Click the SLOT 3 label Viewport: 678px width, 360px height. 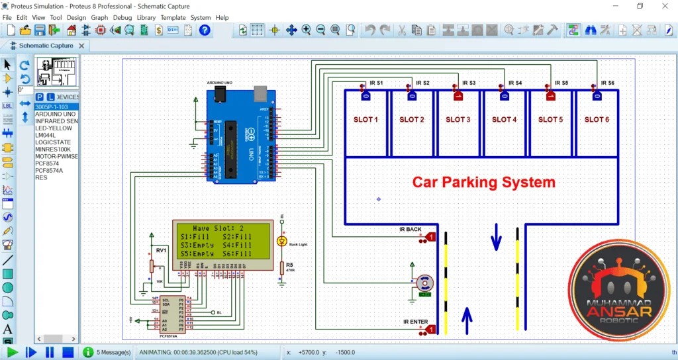(x=458, y=120)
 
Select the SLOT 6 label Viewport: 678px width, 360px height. (x=597, y=120)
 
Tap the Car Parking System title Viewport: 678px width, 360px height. (x=484, y=181)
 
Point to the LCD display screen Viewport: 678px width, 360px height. (x=222, y=240)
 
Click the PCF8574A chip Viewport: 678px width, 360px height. (x=172, y=314)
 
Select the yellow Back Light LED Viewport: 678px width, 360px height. (x=282, y=241)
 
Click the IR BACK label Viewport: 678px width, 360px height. (x=410, y=230)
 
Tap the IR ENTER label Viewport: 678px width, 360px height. (x=415, y=322)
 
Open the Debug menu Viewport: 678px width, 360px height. (x=122, y=17)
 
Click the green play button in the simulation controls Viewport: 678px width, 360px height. (x=13, y=352)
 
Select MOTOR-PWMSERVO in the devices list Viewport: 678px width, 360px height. (x=56, y=156)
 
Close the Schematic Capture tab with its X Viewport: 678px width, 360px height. (x=81, y=46)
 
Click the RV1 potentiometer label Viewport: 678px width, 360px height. (x=161, y=250)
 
